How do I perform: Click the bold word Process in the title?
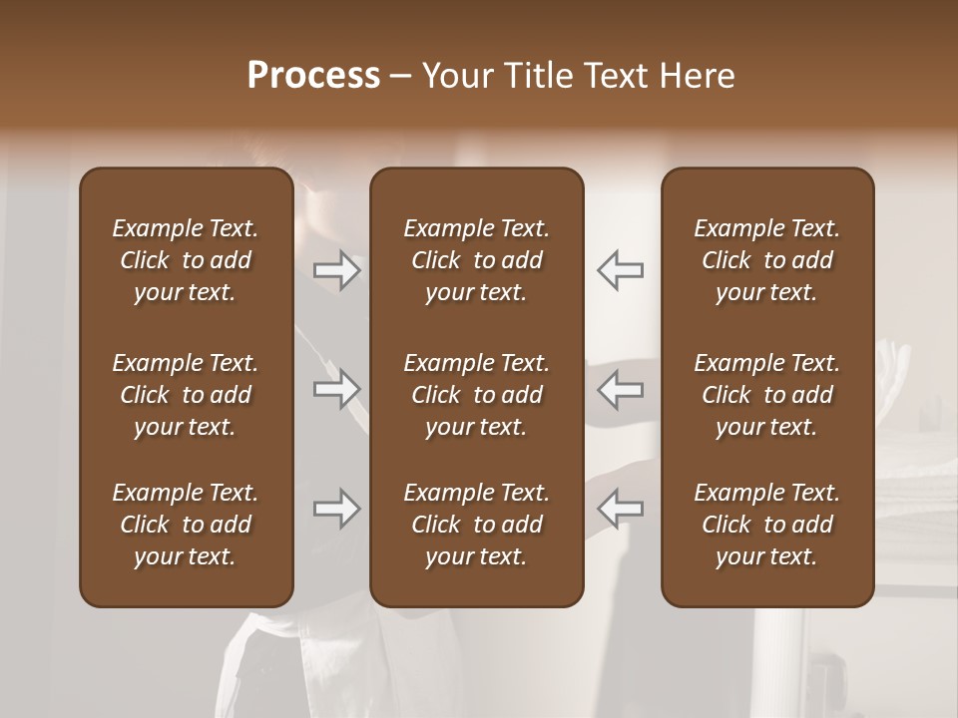[313, 76]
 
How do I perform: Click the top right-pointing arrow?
[336, 270]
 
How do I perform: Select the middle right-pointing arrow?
[336, 389]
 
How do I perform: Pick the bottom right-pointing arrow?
[336, 509]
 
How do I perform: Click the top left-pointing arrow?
[620, 270]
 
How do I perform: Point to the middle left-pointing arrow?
[620, 389]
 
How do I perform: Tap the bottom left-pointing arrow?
[620, 509]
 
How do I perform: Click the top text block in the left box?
[186, 260]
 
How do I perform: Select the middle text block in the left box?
[186, 395]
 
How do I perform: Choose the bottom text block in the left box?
[186, 525]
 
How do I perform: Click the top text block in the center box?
[476, 260]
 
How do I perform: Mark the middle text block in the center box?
[476, 395]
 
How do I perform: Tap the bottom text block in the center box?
[476, 525]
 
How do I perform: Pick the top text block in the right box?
[766, 260]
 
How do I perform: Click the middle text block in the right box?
[766, 395]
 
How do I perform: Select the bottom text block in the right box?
[766, 525]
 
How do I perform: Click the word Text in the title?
[613, 76]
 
